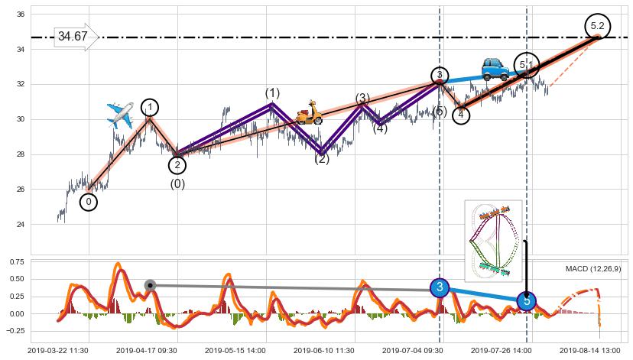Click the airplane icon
[x=121, y=113]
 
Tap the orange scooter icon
[x=309, y=112]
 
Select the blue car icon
[x=495, y=70]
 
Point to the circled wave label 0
[x=89, y=202]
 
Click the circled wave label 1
[x=151, y=107]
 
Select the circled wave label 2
[x=177, y=164]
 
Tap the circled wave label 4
[x=461, y=115]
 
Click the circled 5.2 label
[x=597, y=26]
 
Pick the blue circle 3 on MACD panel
[x=440, y=287]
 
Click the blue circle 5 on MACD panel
[x=527, y=301]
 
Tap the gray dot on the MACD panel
[x=151, y=285]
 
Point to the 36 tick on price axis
[x=21, y=15]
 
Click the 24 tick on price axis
[x=21, y=225]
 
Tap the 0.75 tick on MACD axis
[x=17, y=261]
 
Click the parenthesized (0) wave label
[x=177, y=183]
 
